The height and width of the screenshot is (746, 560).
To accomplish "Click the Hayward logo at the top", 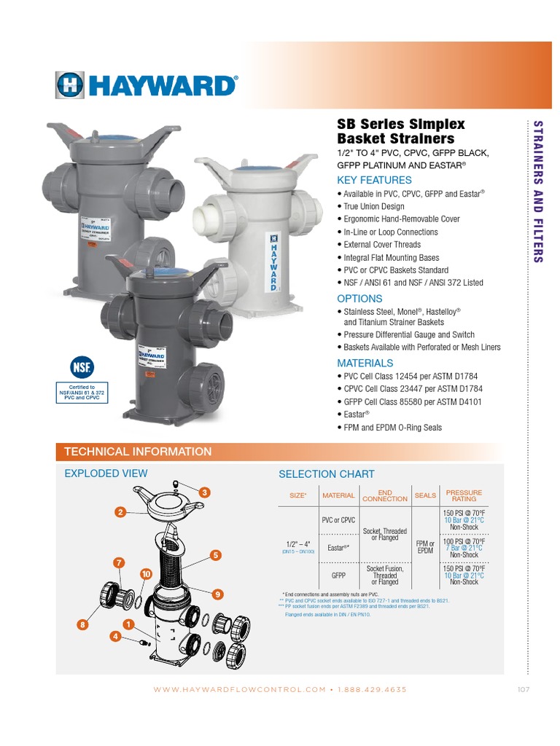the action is click(x=146, y=85).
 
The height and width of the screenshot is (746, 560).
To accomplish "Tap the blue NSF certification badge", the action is click(x=82, y=365).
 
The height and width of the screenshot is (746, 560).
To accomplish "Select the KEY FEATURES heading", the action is click(x=374, y=180).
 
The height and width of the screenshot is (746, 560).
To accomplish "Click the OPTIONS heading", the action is click(x=359, y=299).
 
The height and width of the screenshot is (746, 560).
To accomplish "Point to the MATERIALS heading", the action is click(x=365, y=363).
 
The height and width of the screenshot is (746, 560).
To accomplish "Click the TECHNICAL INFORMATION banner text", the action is click(x=138, y=452).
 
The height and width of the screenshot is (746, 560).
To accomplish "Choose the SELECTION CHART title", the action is click(x=327, y=474).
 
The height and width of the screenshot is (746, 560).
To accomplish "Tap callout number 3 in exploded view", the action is click(x=205, y=493).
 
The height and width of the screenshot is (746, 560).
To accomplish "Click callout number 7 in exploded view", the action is click(x=119, y=562).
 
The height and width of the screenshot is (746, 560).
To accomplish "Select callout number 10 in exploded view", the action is click(x=146, y=574).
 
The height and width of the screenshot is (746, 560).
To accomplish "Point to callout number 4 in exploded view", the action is click(x=114, y=637).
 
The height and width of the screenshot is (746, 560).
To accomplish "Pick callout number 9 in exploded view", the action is click(x=217, y=594).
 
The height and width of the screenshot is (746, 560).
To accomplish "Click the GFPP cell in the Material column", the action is click(x=338, y=575).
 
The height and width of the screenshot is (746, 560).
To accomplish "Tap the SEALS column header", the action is click(x=425, y=495).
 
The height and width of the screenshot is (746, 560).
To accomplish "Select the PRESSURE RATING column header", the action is click(x=464, y=495).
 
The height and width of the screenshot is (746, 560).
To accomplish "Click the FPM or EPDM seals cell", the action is click(x=425, y=547).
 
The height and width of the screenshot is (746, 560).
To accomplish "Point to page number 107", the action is click(x=523, y=689).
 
